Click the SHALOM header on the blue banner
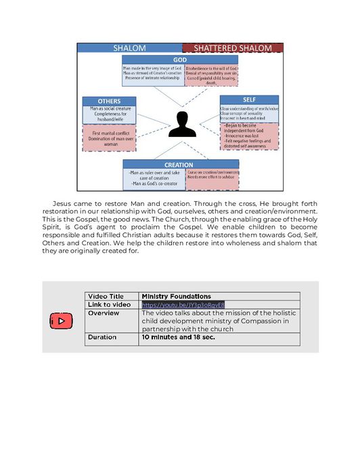click(129, 48)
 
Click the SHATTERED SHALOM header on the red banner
click(233, 48)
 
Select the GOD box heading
click(180, 60)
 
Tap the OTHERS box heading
click(109, 101)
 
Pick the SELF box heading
click(249, 100)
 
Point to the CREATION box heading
click(179, 165)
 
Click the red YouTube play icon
click(61, 320)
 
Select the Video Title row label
click(106, 296)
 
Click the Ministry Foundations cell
click(176, 296)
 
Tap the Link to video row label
click(110, 305)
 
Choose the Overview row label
click(104, 313)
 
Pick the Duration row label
click(102, 337)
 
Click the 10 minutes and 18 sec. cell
click(178, 337)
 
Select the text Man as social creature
click(110, 108)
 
